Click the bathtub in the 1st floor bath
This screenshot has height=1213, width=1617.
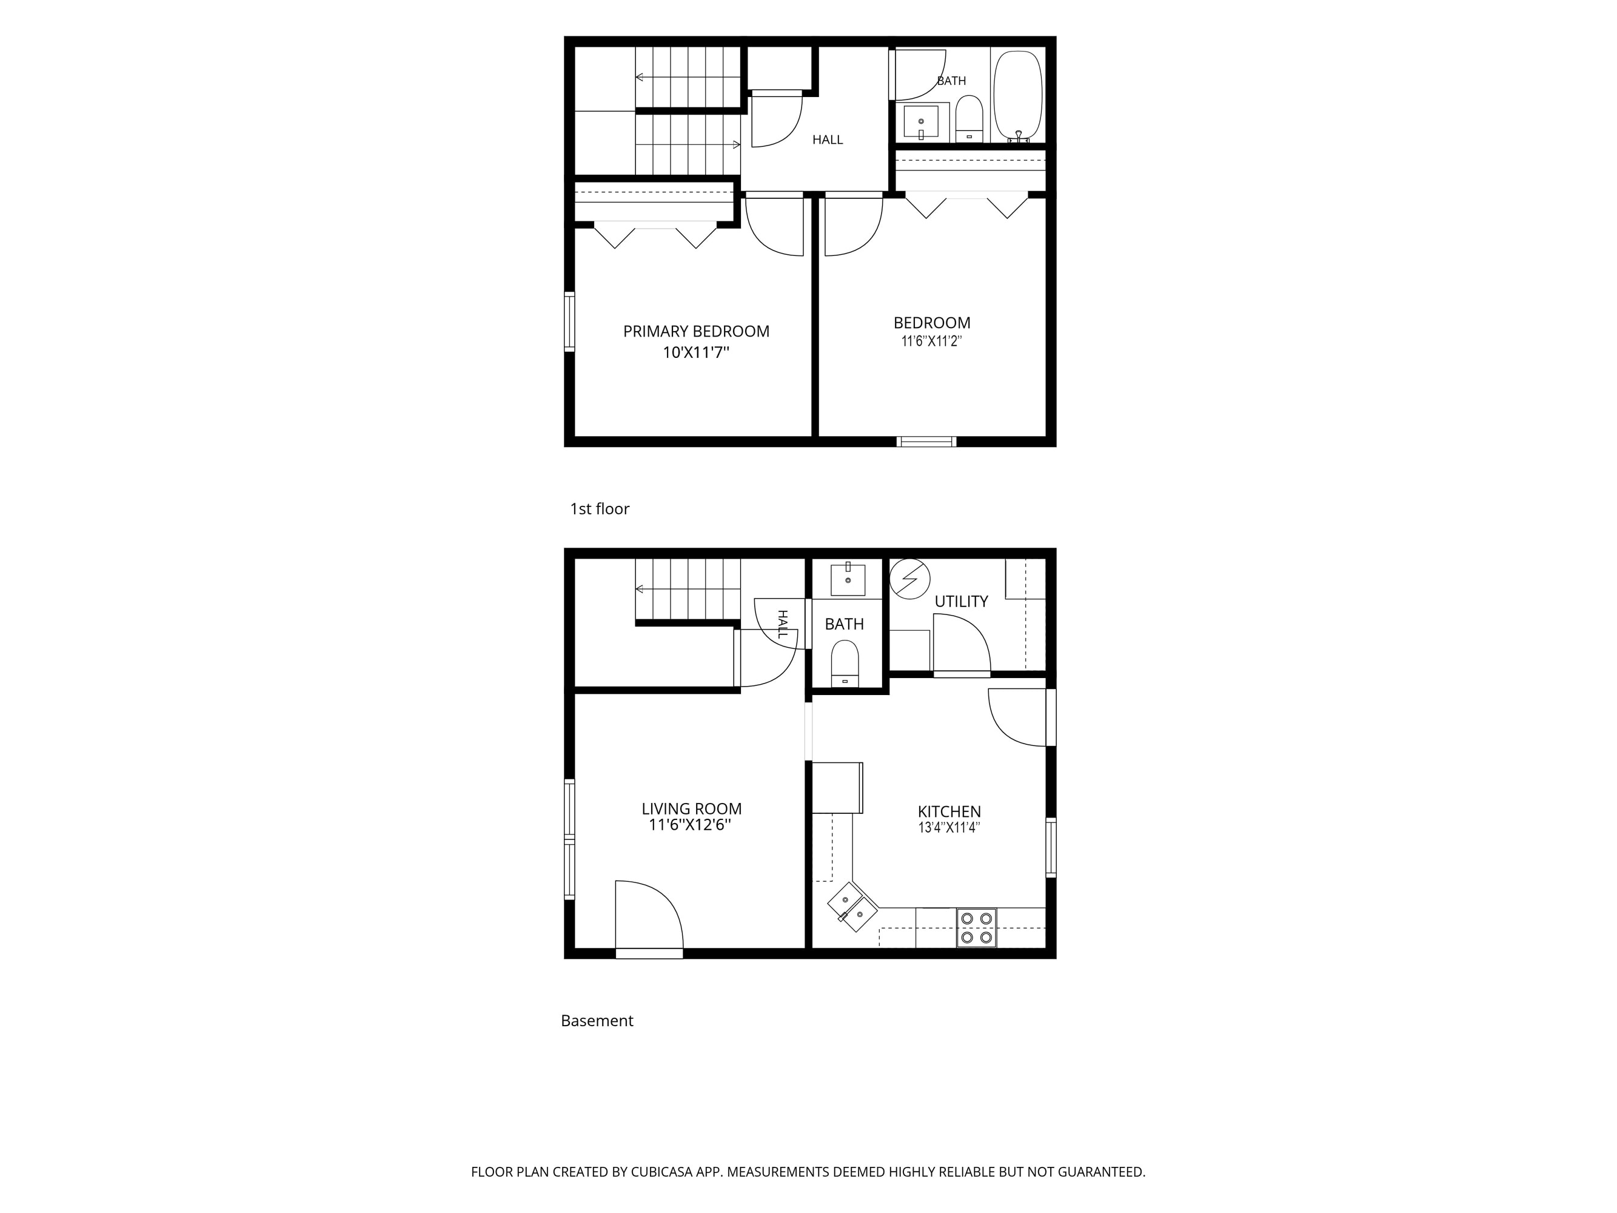pyautogui.click(x=1017, y=95)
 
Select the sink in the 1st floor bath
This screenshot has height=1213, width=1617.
pyautogui.click(x=921, y=121)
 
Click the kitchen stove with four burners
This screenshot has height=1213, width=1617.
pyautogui.click(x=977, y=928)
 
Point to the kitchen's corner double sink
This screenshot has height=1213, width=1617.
pyautogui.click(x=852, y=907)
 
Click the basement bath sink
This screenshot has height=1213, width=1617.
pyautogui.click(x=848, y=579)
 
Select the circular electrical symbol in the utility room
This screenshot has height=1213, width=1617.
pyautogui.click(x=909, y=579)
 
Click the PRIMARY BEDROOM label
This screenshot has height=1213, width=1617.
pyautogui.click(x=696, y=331)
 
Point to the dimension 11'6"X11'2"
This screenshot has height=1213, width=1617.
pyautogui.click(x=931, y=341)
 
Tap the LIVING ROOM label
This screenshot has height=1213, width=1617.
pyautogui.click(x=692, y=808)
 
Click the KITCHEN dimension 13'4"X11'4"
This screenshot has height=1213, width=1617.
pyautogui.click(x=949, y=828)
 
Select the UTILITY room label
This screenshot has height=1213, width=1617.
pyautogui.click(x=961, y=602)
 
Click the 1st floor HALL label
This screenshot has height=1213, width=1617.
pyautogui.click(x=828, y=139)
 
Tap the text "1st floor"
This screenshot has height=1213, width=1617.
pyautogui.click(x=600, y=509)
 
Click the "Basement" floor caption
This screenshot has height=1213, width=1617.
pyautogui.click(x=597, y=1021)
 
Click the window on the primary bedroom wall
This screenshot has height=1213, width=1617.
pyautogui.click(x=569, y=321)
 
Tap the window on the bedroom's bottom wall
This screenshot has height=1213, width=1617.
pyautogui.click(x=927, y=442)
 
